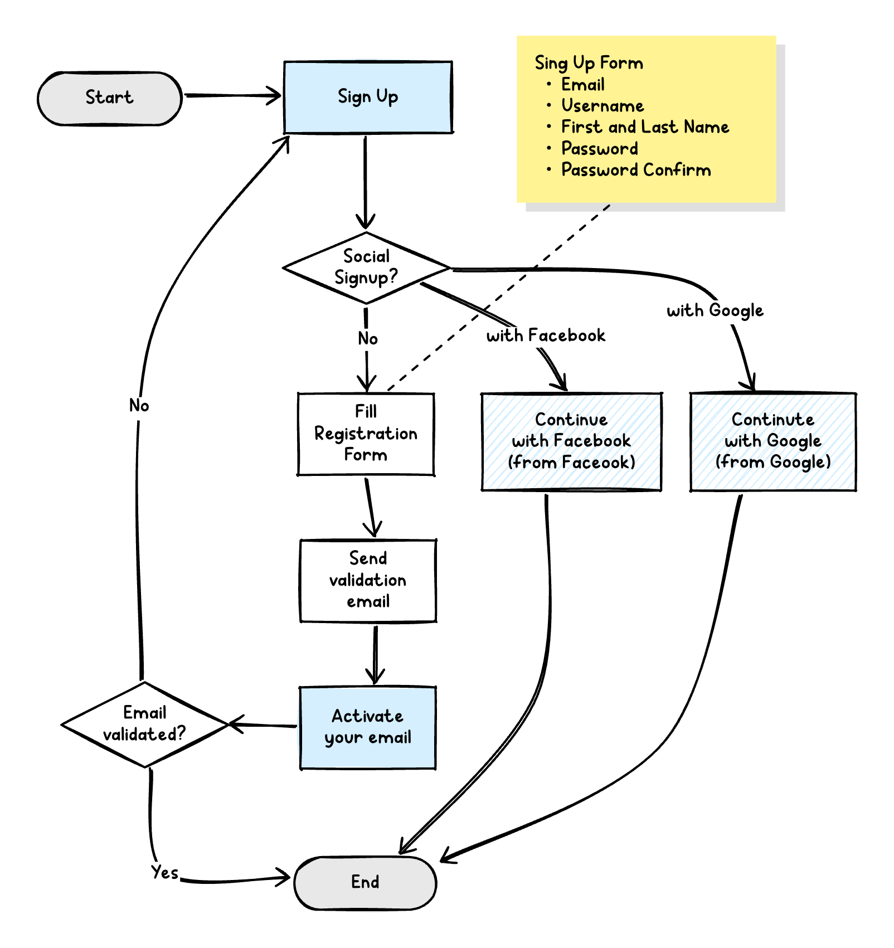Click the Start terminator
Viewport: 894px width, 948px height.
pyautogui.click(x=110, y=98)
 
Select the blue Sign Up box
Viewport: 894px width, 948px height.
pyautogui.click(x=368, y=97)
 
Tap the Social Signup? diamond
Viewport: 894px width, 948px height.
pyautogui.click(x=366, y=268)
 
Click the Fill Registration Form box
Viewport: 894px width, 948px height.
pyautogui.click(x=366, y=434)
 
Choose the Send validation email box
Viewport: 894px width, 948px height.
pyautogui.click(x=368, y=580)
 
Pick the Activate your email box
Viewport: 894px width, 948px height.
pyautogui.click(x=368, y=727)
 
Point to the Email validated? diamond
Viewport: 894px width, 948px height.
pyautogui.click(x=144, y=724)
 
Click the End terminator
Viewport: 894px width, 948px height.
pyautogui.click(x=365, y=882)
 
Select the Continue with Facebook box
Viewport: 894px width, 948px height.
pyautogui.click(x=571, y=441)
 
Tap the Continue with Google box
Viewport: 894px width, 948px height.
pyautogui.click(x=773, y=441)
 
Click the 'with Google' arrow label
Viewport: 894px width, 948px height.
pyautogui.click(x=715, y=310)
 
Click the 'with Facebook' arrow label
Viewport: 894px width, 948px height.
pyautogui.click(x=546, y=336)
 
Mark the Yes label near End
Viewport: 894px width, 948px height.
pyautogui.click(x=165, y=872)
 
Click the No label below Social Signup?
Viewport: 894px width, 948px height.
pyautogui.click(x=368, y=339)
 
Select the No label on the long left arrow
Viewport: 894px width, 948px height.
pyautogui.click(x=139, y=405)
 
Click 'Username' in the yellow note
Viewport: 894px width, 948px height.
pyautogui.click(x=602, y=106)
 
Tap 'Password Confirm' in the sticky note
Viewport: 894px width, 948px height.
pyautogui.click(x=635, y=170)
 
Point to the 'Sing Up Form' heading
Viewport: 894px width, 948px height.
pyautogui.click(x=589, y=63)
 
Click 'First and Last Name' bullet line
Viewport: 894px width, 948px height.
pyautogui.click(x=645, y=127)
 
